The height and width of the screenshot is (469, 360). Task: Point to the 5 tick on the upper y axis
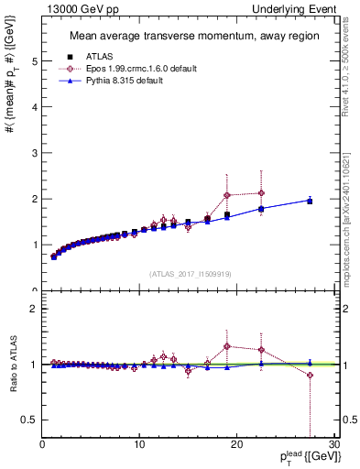click(x=35, y=61)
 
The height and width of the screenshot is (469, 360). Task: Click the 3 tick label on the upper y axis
click(x=35, y=153)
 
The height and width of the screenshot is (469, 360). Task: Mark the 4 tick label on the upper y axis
click(x=35, y=107)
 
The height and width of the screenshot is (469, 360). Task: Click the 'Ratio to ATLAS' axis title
click(x=12, y=364)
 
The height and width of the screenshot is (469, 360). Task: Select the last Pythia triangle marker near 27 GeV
click(x=310, y=200)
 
